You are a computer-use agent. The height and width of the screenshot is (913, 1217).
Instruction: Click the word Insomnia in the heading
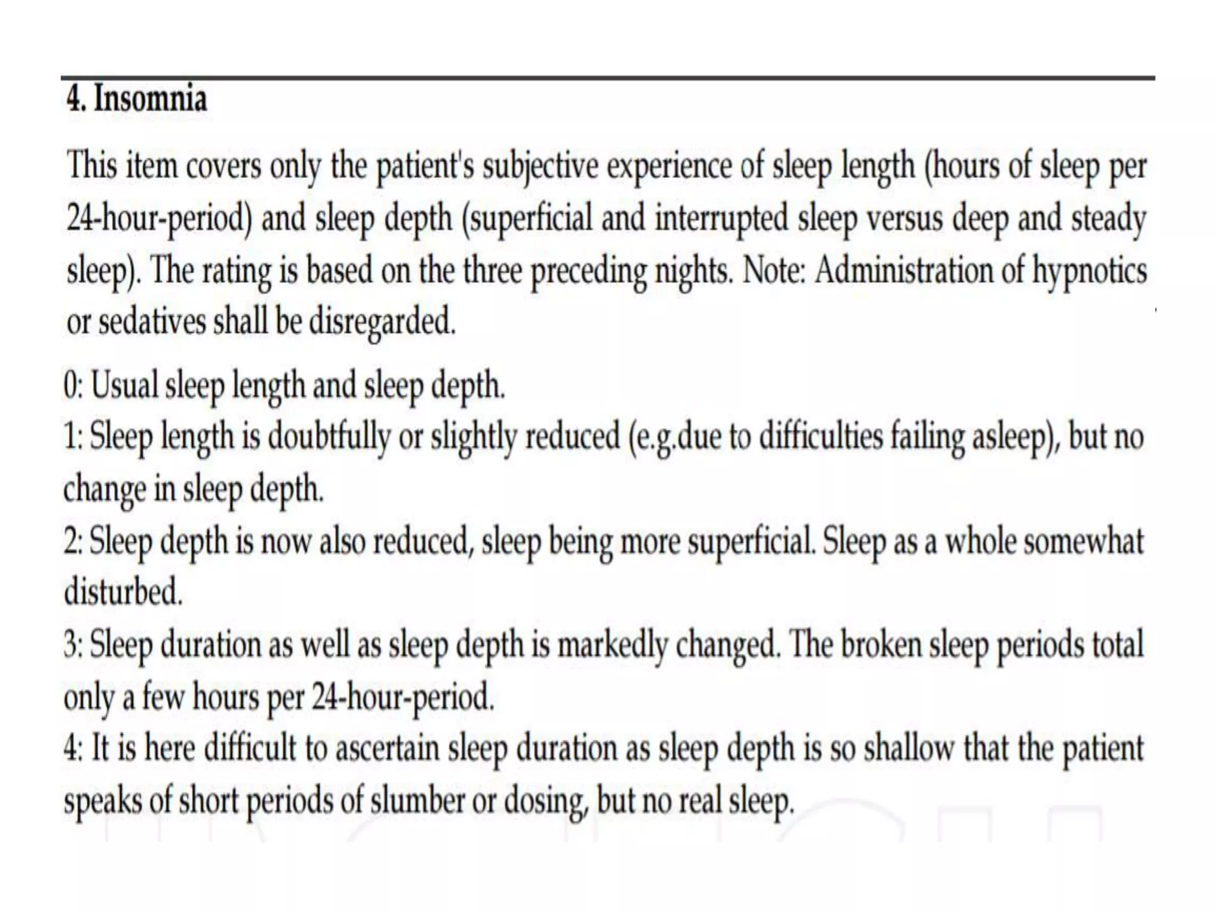pos(150,99)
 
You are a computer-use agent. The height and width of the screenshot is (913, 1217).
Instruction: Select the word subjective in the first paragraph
pos(540,166)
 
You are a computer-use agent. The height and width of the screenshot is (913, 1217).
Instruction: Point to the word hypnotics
pos(1089,271)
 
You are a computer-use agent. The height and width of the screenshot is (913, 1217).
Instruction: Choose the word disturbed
pos(123,593)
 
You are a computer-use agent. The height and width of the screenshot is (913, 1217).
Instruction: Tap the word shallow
pos(910,748)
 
